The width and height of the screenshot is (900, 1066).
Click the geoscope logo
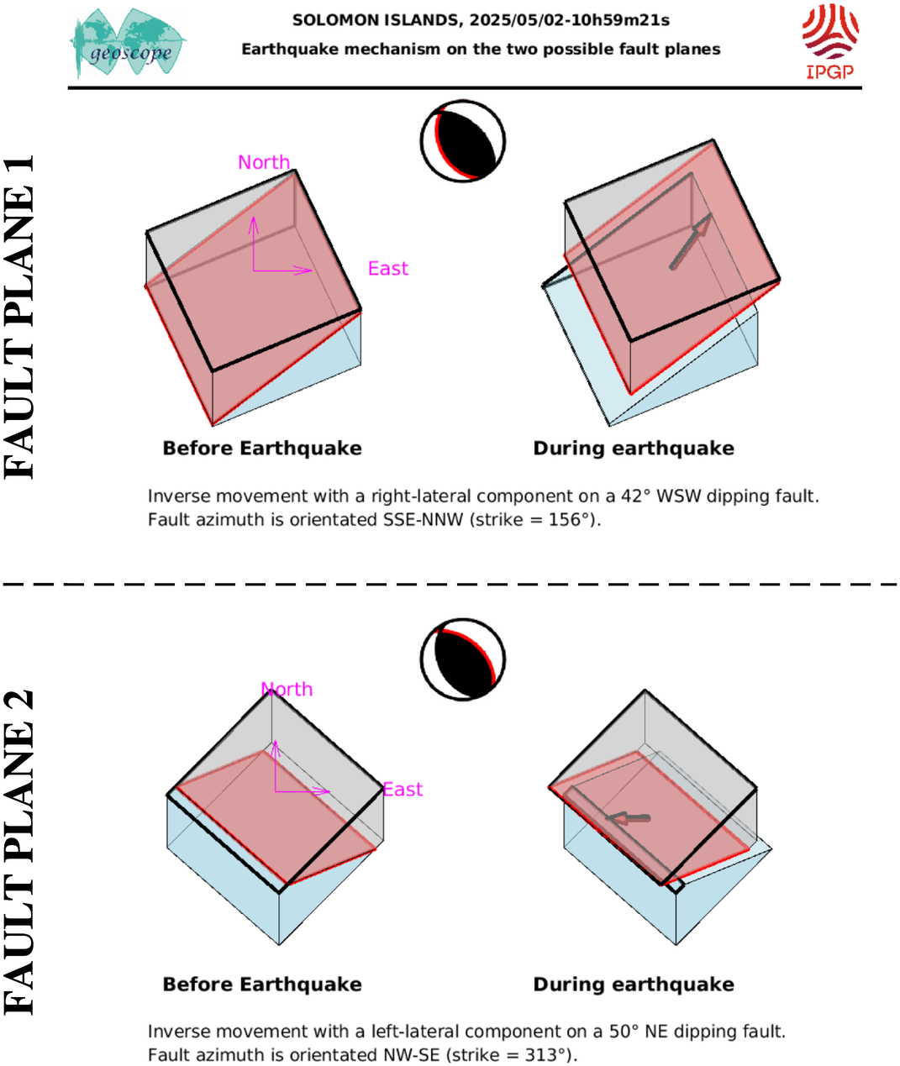[128, 43]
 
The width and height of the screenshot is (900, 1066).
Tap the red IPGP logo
[830, 42]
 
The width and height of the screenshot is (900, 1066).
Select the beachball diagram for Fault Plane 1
[463, 141]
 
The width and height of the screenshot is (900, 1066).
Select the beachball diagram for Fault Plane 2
[463, 659]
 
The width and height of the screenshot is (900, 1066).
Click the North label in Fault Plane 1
[264, 162]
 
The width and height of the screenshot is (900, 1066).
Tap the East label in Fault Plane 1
[388, 269]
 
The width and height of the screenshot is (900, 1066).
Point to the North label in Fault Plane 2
[287, 690]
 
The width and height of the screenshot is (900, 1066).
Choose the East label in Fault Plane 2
[403, 790]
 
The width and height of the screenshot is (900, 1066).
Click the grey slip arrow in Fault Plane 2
[628, 818]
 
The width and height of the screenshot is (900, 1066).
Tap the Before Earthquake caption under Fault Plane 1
[262, 449]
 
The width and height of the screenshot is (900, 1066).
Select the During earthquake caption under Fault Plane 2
[634, 985]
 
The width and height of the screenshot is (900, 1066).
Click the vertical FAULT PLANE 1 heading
[18, 317]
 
